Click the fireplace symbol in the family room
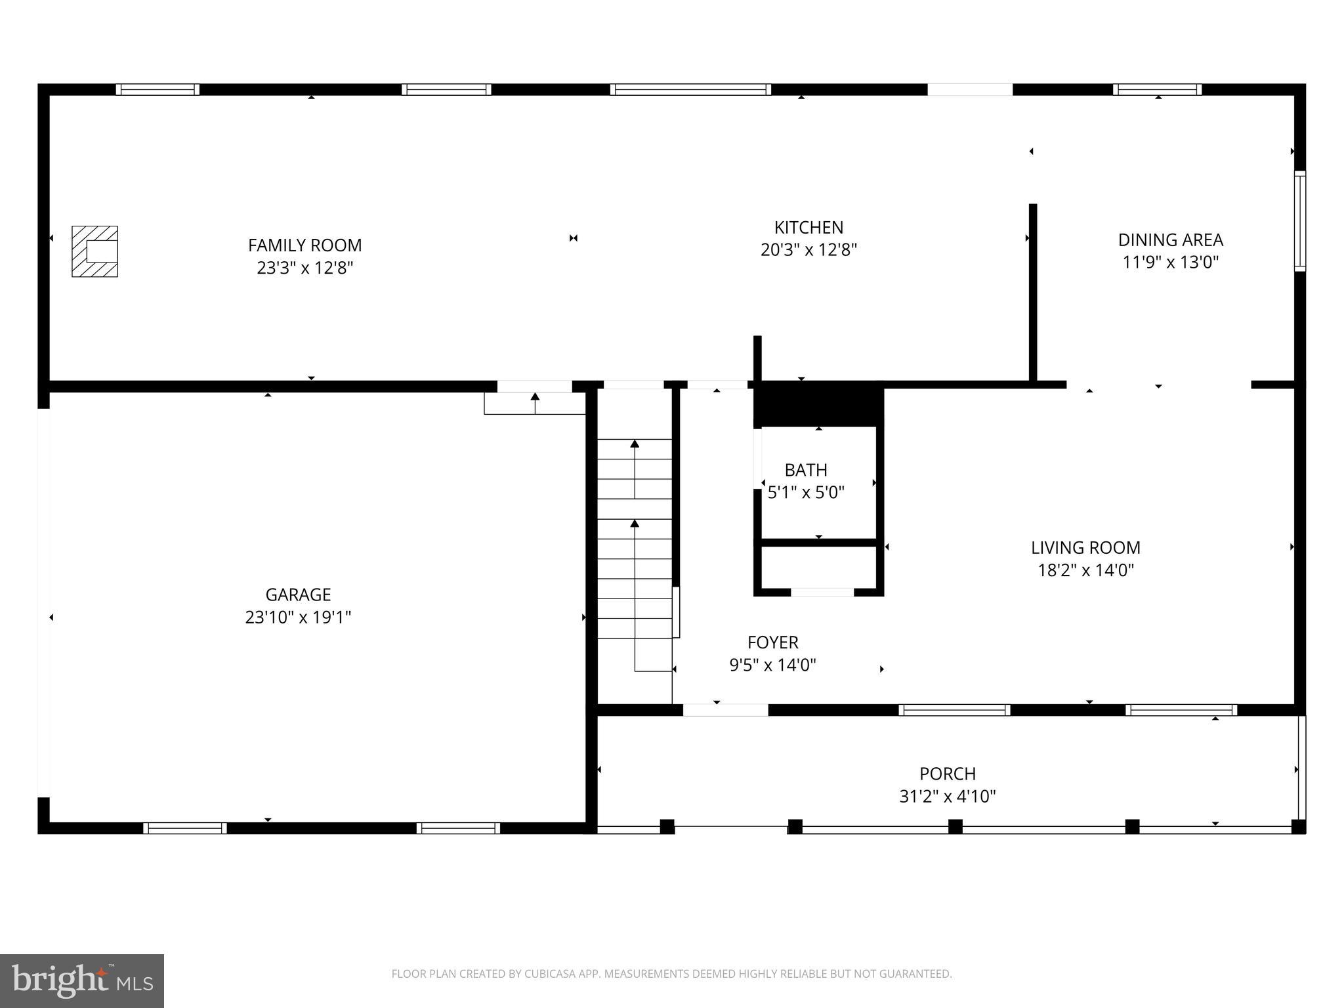point(94,251)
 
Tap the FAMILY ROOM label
point(304,245)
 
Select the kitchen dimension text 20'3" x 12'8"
point(808,250)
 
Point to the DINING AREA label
point(1170,240)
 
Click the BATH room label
point(805,470)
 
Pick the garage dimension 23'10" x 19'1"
point(298,618)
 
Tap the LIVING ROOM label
point(1085,547)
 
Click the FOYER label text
point(772,642)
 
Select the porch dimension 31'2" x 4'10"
point(947,797)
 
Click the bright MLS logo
point(82,981)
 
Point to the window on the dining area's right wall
point(1299,221)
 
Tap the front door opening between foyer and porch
point(725,710)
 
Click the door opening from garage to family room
point(534,387)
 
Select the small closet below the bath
point(818,567)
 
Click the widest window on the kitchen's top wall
point(690,90)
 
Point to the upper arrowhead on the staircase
point(635,444)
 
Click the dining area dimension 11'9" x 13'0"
point(1170,262)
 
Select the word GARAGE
point(298,595)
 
